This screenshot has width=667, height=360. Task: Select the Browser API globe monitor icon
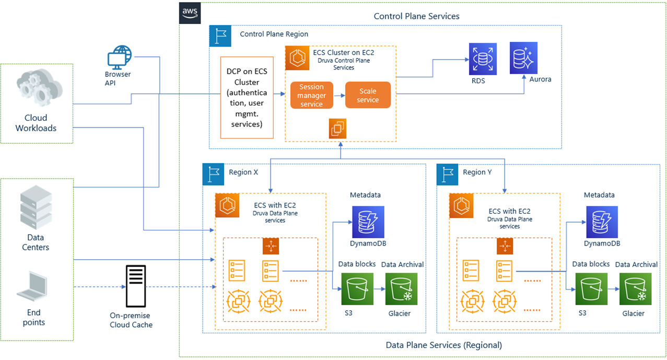pyautogui.click(x=118, y=57)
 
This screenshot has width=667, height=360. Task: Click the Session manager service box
pyautogui.click(x=311, y=95)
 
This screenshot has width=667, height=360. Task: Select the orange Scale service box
pyautogui.click(x=368, y=95)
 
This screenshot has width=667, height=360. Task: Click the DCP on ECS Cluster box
pyautogui.click(x=247, y=97)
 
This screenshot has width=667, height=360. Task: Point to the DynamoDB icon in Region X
pyautogui.click(x=368, y=222)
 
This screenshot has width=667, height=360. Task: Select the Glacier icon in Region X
pyautogui.click(x=401, y=289)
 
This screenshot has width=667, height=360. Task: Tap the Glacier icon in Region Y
pyautogui.click(x=634, y=289)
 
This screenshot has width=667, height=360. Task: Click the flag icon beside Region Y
pyautogui.click(x=448, y=174)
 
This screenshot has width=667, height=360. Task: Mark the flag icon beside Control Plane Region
pyautogui.click(x=220, y=36)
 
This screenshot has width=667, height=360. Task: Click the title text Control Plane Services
pyautogui.click(x=416, y=16)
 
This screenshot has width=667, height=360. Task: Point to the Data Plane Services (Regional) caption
pyautogui.click(x=443, y=345)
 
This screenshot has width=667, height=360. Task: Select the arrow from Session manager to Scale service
pyautogui.click(x=339, y=95)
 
